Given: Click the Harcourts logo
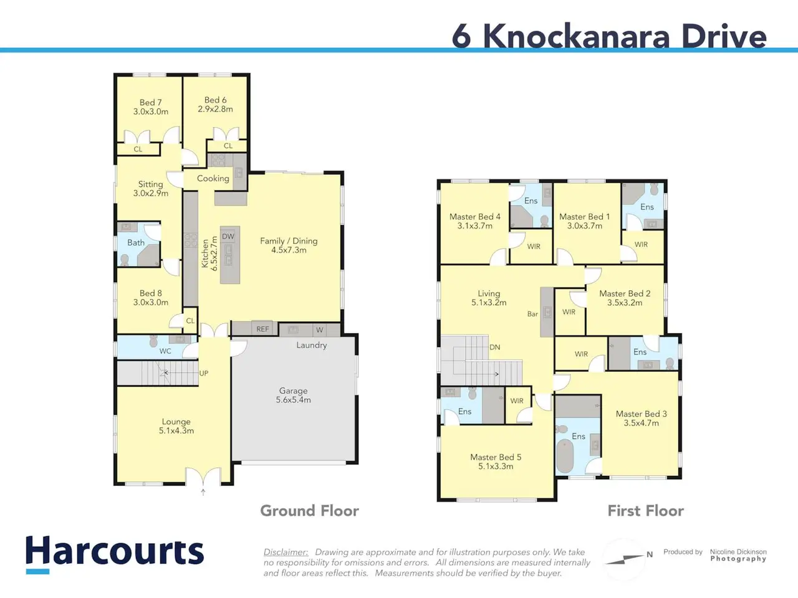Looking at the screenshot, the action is tap(115, 554).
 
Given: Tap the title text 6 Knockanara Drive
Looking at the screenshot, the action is tap(609, 36).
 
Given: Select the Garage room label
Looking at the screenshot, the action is tap(294, 391).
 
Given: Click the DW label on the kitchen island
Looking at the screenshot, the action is tap(228, 236).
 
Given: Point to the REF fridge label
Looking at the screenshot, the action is tap(262, 329).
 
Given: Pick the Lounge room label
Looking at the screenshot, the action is tap(176, 422).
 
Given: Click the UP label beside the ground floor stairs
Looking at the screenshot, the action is tap(204, 373).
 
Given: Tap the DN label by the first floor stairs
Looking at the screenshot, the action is tap(495, 347).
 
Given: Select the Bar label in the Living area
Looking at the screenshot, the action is tap(532, 314).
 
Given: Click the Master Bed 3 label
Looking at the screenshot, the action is tap(642, 414).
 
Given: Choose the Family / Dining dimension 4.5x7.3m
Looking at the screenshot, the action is tap(289, 250).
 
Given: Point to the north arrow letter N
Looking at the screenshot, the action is tap(650, 554).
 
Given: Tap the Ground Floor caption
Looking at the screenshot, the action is tap(310, 511).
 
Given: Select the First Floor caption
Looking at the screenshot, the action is tap(646, 511).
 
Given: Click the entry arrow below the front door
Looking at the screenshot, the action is tap(203, 492).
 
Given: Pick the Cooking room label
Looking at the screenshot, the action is tap(213, 179).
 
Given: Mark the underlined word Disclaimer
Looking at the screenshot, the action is tap(286, 553).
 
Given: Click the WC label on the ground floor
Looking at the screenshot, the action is tap(165, 351).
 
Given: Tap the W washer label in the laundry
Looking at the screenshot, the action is tap(320, 330).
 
